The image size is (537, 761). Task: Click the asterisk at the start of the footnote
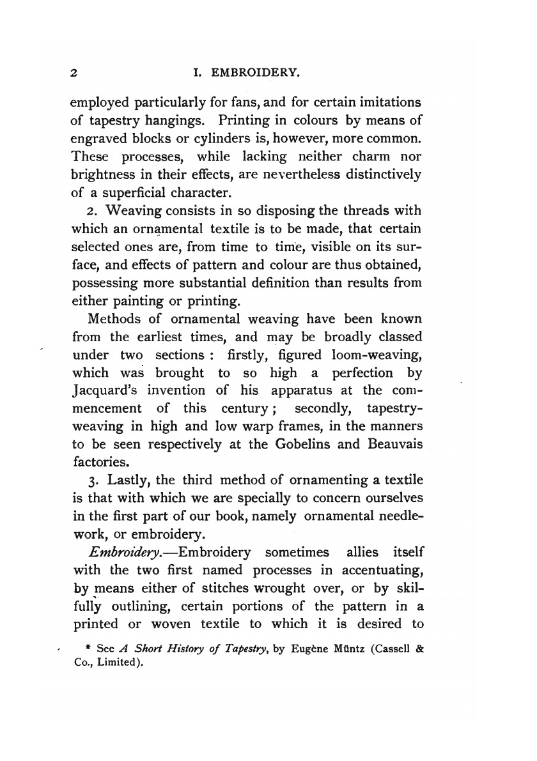[88, 649]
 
